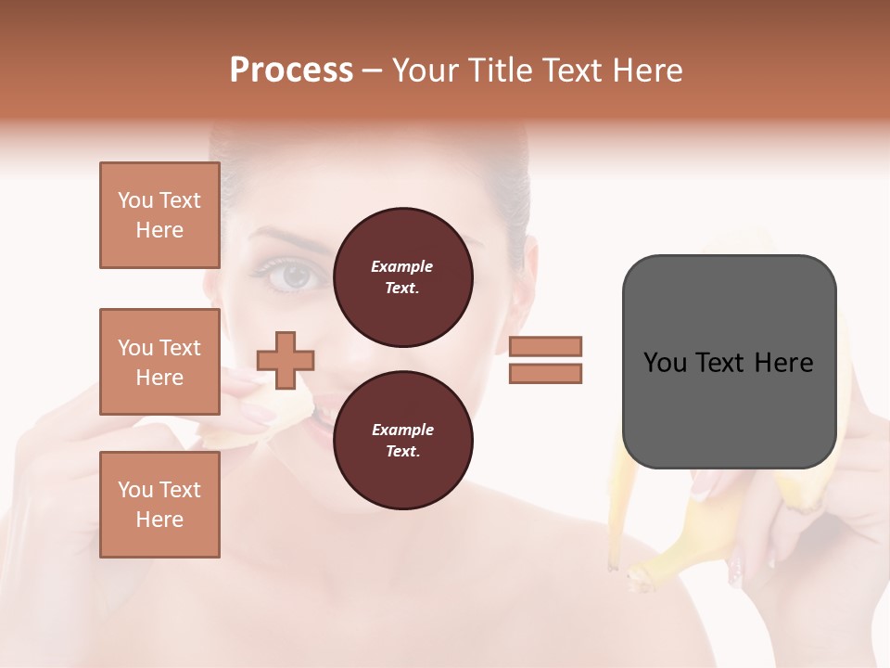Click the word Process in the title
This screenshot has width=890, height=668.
pos(291,71)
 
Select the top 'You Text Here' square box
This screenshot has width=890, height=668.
pos(159,215)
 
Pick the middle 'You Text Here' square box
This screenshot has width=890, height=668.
pos(159,362)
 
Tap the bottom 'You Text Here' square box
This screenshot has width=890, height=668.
pos(159,504)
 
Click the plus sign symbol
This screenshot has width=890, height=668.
pos(286,360)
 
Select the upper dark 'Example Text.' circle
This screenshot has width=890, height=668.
pos(402,277)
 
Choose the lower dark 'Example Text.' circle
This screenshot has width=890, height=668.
pos(402,441)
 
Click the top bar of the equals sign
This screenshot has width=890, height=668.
pos(546,346)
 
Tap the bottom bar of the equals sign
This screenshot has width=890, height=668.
pos(546,374)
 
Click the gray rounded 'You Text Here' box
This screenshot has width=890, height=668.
pos(729,362)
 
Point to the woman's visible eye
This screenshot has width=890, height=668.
pos(295,275)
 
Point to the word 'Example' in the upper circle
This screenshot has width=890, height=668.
pos(402,267)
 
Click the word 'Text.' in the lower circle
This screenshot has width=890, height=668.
pos(402,452)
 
